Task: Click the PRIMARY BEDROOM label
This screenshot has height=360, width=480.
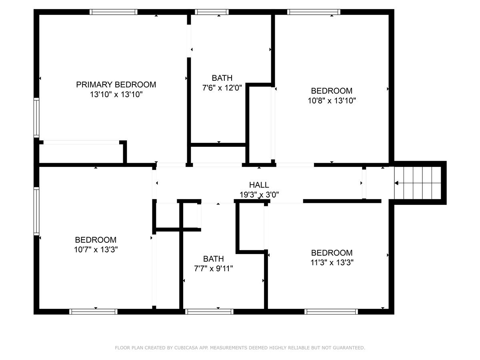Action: [x=116, y=84]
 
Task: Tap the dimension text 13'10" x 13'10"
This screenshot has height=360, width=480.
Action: [x=116, y=95]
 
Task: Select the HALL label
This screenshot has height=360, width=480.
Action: [x=259, y=185]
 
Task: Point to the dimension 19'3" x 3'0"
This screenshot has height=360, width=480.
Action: [x=259, y=195]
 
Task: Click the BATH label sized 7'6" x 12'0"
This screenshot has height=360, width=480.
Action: [x=222, y=78]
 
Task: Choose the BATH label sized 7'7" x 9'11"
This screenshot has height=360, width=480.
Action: [x=213, y=258]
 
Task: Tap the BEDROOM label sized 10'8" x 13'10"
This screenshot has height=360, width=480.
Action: [x=332, y=91]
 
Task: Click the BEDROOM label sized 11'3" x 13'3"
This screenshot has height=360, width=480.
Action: [x=332, y=253]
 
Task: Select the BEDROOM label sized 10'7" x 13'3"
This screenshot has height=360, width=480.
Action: [x=96, y=240]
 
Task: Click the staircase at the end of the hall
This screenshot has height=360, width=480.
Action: [x=418, y=183]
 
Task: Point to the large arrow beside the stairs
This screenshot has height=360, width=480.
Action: [x=396, y=183]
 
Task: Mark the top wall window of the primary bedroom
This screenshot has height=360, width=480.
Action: [x=114, y=12]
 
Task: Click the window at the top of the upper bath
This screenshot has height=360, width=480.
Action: [x=212, y=12]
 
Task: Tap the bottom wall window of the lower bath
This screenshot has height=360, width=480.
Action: [x=210, y=311]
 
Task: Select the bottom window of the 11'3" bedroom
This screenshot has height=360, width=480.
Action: [x=331, y=311]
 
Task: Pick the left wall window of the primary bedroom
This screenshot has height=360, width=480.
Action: [x=36, y=118]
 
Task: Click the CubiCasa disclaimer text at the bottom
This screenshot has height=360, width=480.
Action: [x=240, y=348]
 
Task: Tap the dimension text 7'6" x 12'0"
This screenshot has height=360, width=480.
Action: [x=222, y=88]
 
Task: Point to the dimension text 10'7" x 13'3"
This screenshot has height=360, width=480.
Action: [x=96, y=250]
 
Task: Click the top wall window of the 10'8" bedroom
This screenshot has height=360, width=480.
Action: [x=314, y=12]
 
